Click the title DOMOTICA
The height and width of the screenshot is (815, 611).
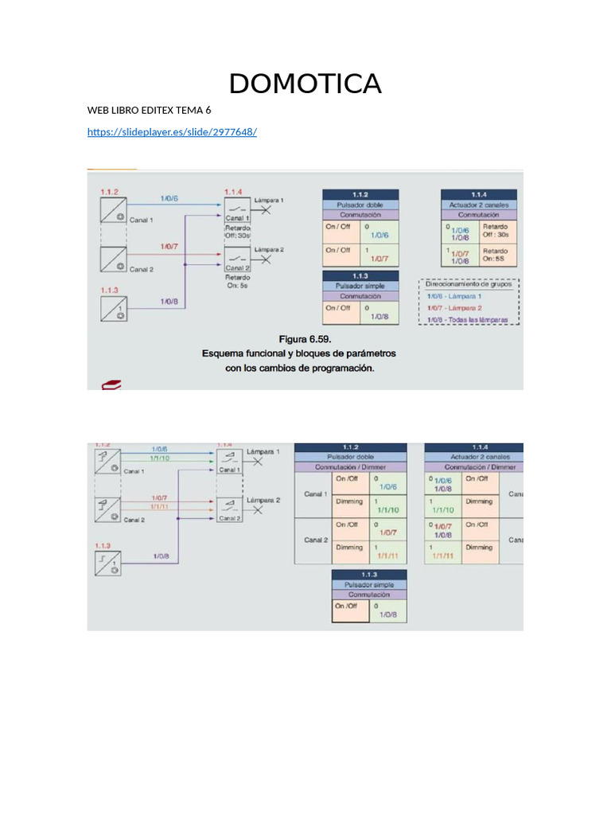(305, 84)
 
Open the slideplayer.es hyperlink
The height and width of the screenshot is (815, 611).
(172, 131)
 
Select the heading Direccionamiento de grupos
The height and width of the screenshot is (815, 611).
(469, 283)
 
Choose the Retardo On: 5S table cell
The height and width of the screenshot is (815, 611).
(494, 255)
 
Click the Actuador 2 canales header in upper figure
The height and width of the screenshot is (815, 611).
(479, 205)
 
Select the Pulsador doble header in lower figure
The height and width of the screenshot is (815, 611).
(351, 457)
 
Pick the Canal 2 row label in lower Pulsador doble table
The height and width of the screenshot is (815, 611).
(316, 540)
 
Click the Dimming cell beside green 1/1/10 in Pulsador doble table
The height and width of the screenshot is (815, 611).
(349, 501)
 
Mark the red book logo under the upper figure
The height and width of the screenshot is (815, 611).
(111, 385)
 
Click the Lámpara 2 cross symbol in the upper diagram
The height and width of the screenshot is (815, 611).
(266, 259)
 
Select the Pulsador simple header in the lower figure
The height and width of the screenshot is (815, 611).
(369, 584)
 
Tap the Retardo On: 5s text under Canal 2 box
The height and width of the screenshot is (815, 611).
(236, 281)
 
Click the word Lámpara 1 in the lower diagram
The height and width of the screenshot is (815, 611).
(263, 451)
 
